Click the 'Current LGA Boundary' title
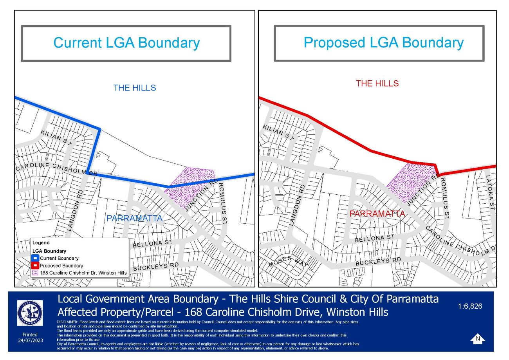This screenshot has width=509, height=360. [x=126, y=43]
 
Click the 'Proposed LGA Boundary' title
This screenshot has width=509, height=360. [x=383, y=43]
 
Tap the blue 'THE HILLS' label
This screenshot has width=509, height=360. [x=135, y=88]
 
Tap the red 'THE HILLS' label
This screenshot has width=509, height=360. [x=377, y=83]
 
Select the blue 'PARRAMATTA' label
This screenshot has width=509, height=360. [x=134, y=218]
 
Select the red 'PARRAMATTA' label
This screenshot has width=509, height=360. [x=377, y=214]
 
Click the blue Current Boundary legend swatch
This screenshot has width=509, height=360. [x=35, y=258]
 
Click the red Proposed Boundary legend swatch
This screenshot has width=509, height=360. [x=35, y=266]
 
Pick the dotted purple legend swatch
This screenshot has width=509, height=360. [x=35, y=273]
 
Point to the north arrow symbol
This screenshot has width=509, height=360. [x=477, y=338]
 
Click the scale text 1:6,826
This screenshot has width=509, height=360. [x=470, y=306]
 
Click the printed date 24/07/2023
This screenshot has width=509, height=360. [x=30, y=340]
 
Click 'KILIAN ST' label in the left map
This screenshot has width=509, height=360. [x=56, y=138]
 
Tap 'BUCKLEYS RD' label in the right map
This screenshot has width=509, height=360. [x=378, y=261]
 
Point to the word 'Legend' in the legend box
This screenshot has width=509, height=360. [x=41, y=243]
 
